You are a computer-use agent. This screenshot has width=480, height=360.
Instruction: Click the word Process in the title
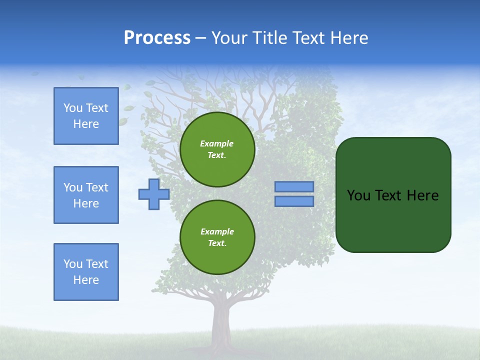point(157,37)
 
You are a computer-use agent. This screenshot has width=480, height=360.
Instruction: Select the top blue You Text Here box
point(86,116)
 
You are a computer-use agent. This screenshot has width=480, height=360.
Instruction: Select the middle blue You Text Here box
point(86,195)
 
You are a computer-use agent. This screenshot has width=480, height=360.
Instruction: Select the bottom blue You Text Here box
point(86,272)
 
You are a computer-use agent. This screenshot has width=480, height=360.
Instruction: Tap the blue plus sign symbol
point(154,194)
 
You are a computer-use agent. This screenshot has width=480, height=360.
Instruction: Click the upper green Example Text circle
point(217,149)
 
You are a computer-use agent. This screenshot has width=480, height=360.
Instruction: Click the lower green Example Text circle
point(217,237)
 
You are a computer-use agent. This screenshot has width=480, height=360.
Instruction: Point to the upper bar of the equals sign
point(294,187)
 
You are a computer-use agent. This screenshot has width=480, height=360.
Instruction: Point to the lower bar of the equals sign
point(294,201)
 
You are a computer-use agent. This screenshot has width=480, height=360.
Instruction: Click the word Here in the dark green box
point(422,195)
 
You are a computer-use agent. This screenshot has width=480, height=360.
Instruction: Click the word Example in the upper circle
point(217,143)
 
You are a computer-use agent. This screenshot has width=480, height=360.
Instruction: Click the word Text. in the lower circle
point(217,243)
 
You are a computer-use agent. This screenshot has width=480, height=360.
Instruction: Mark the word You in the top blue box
point(73,108)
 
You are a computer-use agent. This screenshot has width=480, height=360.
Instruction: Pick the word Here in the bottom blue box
point(86,280)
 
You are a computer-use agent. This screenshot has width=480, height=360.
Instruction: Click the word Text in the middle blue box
point(97,187)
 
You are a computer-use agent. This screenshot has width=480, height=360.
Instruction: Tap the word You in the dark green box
point(358,195)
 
